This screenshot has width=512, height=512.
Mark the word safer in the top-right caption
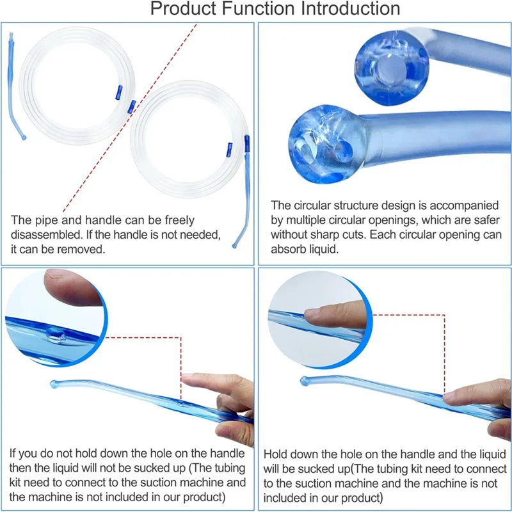[x=486, y=220]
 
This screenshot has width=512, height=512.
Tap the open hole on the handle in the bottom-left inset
[x=54, y=333]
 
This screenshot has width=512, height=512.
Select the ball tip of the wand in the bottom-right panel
[x=305, y=381]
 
